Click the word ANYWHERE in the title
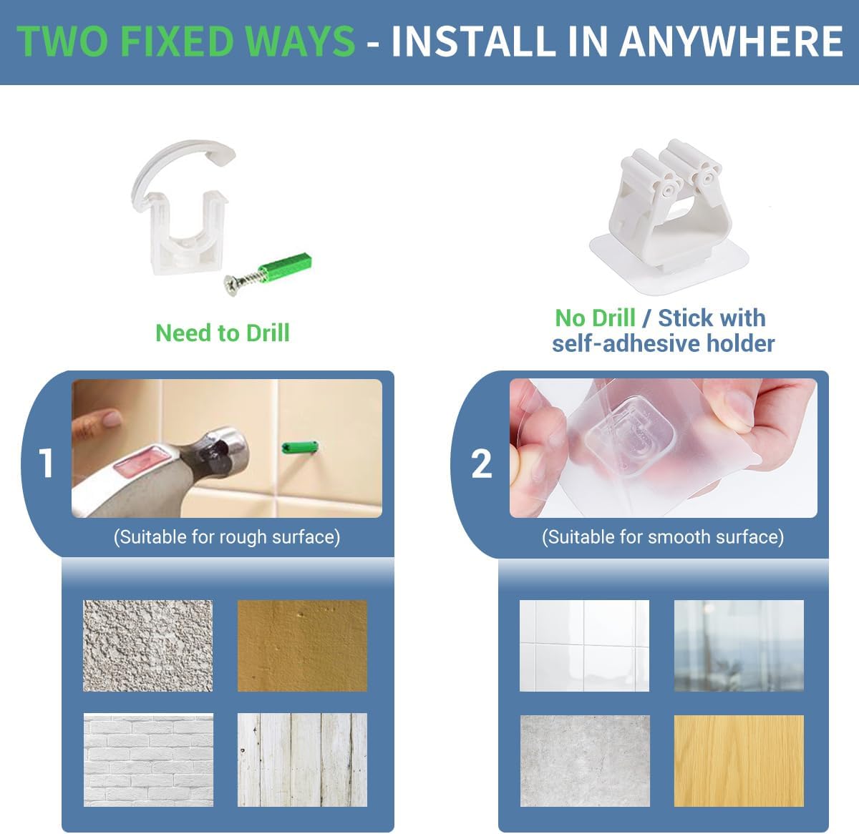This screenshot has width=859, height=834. tap(731, 41)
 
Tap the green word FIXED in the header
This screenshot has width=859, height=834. tap(176, 41)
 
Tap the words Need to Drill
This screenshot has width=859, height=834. tap(223, 333)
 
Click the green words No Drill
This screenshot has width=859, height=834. tap(595, 318)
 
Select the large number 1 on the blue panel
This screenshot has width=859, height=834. tap(46, 463)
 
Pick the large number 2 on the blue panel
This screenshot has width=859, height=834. tap(482, 464)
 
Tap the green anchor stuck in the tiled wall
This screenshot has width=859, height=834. tap(300, 447)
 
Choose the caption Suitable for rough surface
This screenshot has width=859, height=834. tap(227, 536)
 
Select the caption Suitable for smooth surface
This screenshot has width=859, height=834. tap(663, 536)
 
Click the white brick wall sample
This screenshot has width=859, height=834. tap(148, 760)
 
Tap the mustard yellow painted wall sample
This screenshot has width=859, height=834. tap(302, 645)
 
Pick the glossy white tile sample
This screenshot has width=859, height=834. tap(584, 645)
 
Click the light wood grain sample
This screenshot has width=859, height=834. tap(739, 761)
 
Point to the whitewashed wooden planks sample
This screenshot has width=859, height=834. tap(302, 760)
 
